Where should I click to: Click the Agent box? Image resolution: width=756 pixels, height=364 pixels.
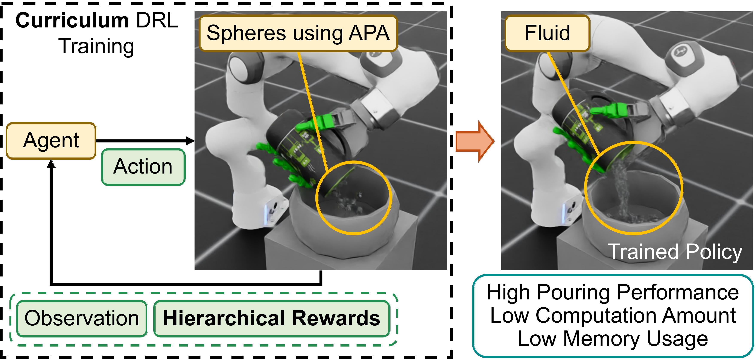point(51,141)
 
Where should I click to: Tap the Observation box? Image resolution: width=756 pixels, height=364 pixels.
point(82,319)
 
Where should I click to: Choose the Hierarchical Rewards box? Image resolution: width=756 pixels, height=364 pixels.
point(271,319)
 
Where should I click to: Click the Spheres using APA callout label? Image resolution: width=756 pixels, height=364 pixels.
point(298,33)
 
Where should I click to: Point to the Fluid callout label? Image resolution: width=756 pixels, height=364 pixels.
point(547,33)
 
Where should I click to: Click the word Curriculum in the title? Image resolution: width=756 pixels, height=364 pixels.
point(72,21)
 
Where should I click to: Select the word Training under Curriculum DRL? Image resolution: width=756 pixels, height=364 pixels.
point(97,46)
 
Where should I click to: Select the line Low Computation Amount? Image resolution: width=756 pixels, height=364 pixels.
point(613,316)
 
